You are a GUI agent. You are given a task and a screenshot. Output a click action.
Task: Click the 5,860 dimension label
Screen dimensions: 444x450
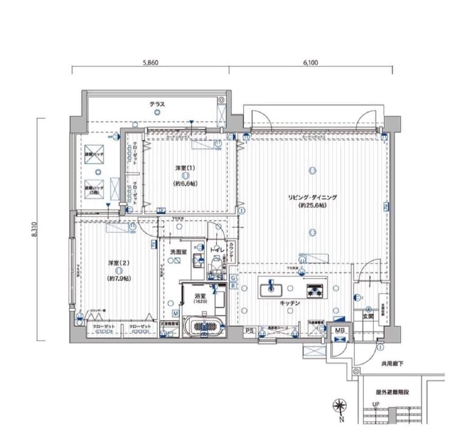[150, 63]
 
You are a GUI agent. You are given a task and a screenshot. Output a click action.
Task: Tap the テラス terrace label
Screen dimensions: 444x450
[157, 104]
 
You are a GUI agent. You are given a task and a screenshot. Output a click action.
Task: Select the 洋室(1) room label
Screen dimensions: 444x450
[185, 168]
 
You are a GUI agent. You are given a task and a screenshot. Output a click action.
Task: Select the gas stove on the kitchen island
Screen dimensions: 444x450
[315, 290]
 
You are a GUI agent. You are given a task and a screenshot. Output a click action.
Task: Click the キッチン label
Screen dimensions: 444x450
[289, 304]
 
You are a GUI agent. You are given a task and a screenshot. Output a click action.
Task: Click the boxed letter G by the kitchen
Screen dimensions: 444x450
[233, 277]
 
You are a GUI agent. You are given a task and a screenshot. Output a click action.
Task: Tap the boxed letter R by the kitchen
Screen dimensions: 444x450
[233, 285]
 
